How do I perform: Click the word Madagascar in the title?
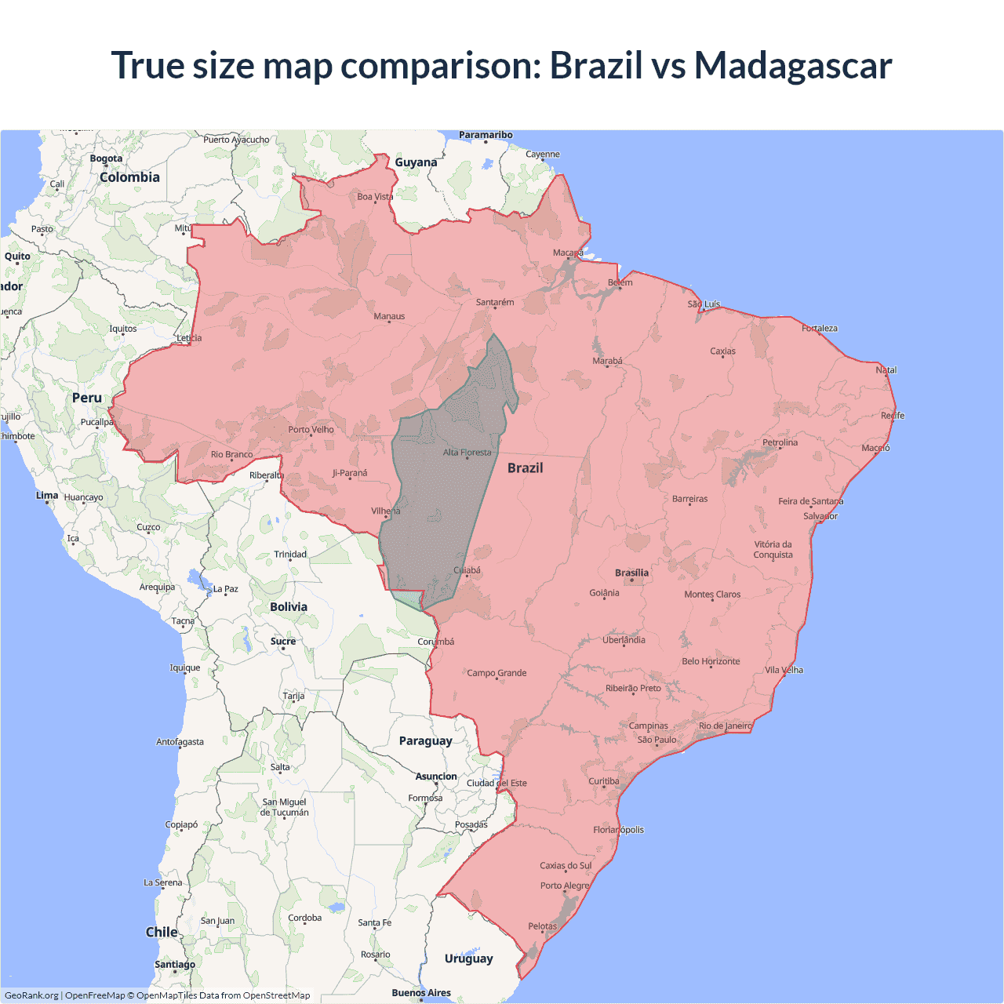coord(793,65)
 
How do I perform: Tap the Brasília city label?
coord(631,573)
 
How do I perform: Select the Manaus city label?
coord(389,316)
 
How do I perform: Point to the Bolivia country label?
coord(289,607)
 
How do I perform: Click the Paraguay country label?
coord(425,741)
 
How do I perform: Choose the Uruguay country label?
coord(468,959)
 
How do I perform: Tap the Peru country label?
coord(87,398)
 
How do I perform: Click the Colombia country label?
coord(129,177)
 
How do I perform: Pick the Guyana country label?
coord(416,162)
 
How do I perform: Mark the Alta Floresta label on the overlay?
coord(467,453)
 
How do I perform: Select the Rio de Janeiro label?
coord(725,726)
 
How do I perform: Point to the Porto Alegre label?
coord(564,886)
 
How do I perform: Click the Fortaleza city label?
coord(819,328)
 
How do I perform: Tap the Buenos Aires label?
coord(421,993)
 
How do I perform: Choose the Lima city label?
coord(47,496)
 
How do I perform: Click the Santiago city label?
coord(175,964)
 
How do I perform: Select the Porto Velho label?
coord(311,429)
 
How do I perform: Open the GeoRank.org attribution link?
coord(31,995)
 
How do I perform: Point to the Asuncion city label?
coord(436,777)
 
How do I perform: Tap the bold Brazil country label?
coord(525,468)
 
